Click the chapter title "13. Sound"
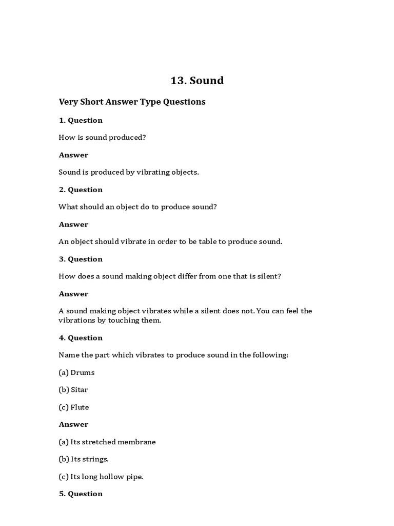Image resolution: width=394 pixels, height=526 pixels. pyautogui.click(x=197, y=81)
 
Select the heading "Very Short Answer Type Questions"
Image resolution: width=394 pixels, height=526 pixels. pyautogui.click(x=132, y=102)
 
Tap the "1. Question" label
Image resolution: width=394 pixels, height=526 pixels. pyautogui.click(x=81, y=120)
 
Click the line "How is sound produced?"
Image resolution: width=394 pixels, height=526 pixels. pyautogui.click(x=102, y=138)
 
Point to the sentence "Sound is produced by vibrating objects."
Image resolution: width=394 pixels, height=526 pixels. pyautogui.click(x=128, y=172)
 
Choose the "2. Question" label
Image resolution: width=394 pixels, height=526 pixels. pyautogui.click(x=81, y=190)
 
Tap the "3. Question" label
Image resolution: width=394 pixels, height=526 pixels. pyautogui.click(x=81, y=259)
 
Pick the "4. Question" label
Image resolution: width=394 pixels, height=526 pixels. pyautogui.click(x=81, y=337)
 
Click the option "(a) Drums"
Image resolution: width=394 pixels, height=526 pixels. pyautogui.click(x=76, y=372)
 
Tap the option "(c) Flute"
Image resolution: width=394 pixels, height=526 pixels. pyautogui.click(x=74, y=407)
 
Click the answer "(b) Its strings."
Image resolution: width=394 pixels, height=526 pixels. pyautogui.click(x=83, y=459)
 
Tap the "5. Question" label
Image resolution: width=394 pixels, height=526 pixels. pyautogui.click(x=81, y=494)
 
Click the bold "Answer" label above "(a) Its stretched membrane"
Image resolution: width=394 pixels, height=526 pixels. pyautogui.click(x=73, y=424)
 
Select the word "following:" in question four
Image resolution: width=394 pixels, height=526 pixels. pyautogui.click(x=270, y=355)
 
